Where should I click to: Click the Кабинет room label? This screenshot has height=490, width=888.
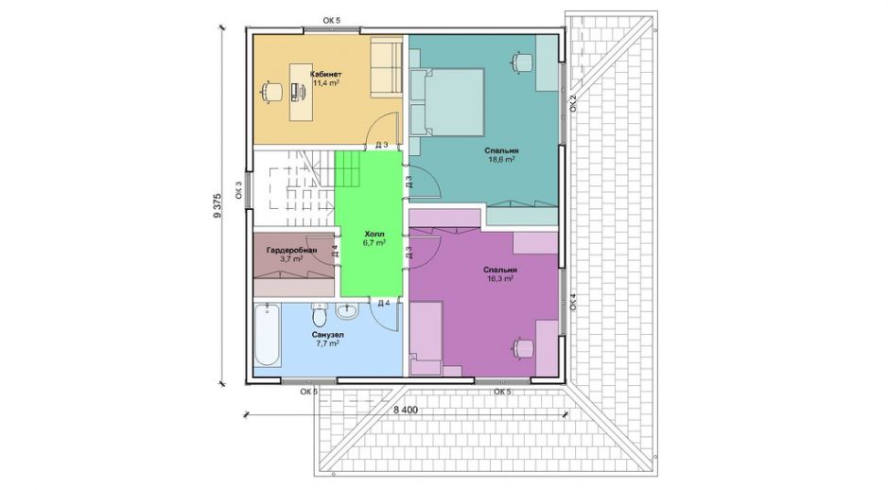[325, 74]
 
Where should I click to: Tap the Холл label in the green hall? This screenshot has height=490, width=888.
[374, 234]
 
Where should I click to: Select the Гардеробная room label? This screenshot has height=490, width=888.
[291, 251]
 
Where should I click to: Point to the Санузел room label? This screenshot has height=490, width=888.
[327, 335]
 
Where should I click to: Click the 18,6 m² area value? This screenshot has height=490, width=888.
[501, 160]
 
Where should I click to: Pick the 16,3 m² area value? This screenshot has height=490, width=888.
[500, 279]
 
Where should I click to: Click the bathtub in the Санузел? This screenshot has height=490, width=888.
[268, 336]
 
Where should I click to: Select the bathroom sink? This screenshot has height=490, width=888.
[346, 311]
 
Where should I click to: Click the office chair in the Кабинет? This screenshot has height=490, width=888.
[271, 92]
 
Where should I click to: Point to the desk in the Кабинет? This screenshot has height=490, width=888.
[301, 92]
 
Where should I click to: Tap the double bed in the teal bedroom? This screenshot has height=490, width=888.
[447, 102]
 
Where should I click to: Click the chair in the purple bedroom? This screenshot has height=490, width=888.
[523, 347]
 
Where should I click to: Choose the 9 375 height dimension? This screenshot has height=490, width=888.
[217, 206]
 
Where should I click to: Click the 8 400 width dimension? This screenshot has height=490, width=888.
[406, 410]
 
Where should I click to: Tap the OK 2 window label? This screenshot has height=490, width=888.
[573, 104]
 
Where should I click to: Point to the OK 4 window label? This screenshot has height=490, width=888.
[573, 302]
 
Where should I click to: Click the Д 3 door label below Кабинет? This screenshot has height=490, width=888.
[382, 145]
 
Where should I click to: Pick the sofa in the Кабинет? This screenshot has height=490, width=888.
[386, 67]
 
